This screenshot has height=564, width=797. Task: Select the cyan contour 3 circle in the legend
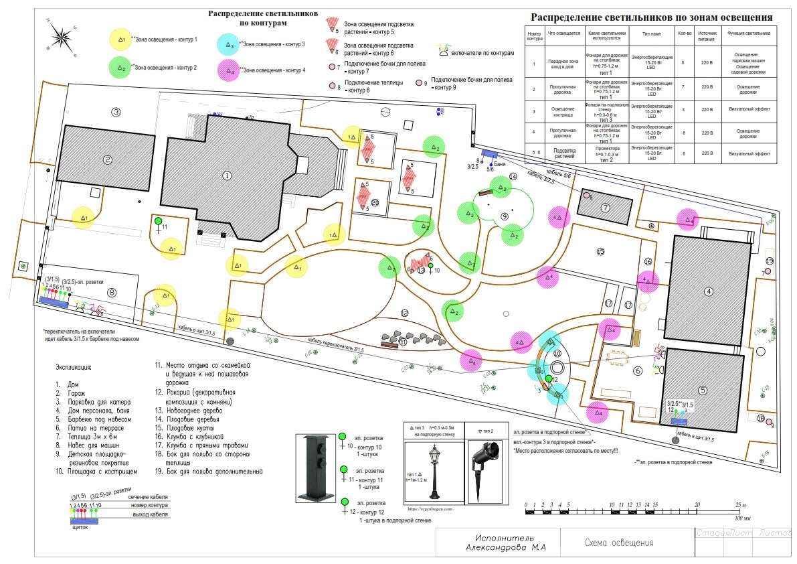[230, 46]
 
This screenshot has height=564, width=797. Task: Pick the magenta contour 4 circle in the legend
[230, 70]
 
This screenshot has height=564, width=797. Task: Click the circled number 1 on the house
[227, 175]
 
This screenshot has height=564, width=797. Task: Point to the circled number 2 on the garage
[107, 159]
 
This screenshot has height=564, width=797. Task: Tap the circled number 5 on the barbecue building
[703, 390]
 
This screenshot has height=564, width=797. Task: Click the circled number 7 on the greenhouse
[606, 208]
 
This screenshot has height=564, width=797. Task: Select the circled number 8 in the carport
[112, 291]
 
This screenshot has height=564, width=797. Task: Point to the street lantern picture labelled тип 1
[434, 472]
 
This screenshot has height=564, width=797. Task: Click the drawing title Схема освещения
[619, 543]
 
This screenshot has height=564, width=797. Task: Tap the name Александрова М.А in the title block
[506, 548]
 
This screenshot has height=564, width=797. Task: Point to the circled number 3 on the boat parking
[116, 112]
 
